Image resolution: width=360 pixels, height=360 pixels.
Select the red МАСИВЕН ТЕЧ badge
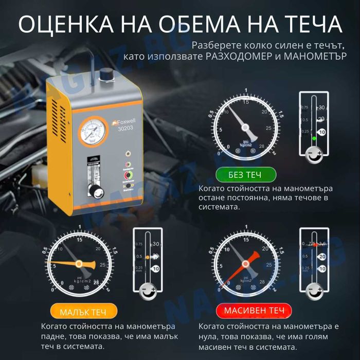tap(246, 311)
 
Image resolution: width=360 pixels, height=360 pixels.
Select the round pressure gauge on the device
tap(94, 132)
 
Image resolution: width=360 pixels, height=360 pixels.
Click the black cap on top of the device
tap(106, 75)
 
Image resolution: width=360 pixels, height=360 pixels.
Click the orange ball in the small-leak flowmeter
tap(147, 256)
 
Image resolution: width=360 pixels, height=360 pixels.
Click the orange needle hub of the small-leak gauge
tap(79, 263)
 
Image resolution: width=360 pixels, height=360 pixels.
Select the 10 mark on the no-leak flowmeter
tap(321, 132)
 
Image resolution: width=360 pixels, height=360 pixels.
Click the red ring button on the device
tap(127, 174)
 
